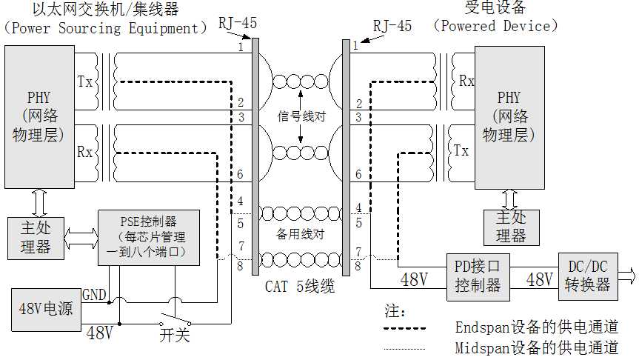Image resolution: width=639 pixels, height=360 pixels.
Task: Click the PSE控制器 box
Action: click(x=149, y=237)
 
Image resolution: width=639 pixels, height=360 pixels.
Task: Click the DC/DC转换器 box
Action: click(x=589, y=276)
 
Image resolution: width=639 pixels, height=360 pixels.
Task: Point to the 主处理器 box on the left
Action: click(x=35, y=237)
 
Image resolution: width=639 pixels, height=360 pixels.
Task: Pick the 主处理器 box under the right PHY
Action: click(x=510, y=227)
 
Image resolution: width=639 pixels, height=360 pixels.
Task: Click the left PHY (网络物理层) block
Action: click(x=38, y=117)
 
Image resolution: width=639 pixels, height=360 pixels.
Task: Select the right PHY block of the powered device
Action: click(x=509, y=117)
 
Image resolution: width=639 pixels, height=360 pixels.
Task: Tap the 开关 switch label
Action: click(x=175, y=334)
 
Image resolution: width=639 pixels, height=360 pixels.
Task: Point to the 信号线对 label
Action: click(x=301, y=116)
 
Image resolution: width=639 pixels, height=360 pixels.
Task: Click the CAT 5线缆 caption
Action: click(x=300, y=286)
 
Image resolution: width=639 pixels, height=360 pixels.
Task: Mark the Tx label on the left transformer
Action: click(x=85, y=81)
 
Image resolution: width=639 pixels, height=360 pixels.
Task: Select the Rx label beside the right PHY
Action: click(x=466, y=81)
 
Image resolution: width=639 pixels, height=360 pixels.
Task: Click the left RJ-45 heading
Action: click(x=238, y=24)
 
